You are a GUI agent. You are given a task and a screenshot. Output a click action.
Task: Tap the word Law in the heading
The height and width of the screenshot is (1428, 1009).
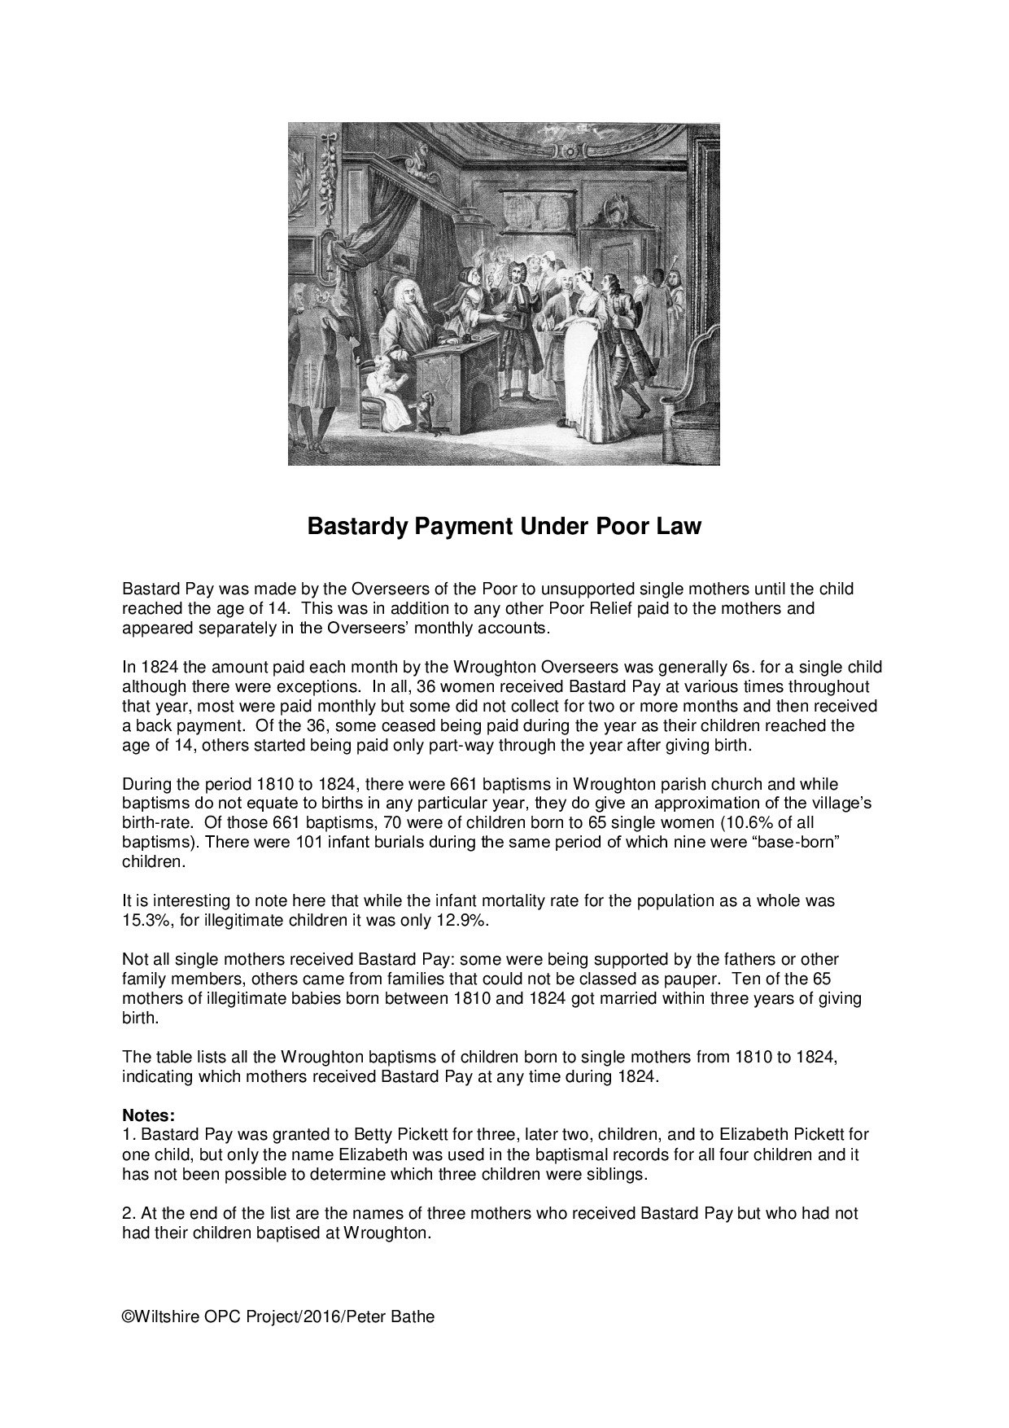coord(680,527)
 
